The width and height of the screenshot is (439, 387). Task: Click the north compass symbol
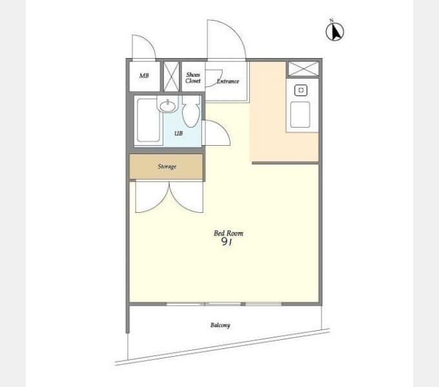pos(334,32)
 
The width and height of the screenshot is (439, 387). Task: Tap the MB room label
pos(144,75)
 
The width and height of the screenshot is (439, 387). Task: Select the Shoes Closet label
pos(193,78)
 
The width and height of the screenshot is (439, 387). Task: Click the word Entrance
pos(228,81)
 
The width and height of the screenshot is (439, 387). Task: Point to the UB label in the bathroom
pos(178,134)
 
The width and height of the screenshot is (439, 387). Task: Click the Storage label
pos(167,166)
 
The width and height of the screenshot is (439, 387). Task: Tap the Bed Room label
pos(229,233)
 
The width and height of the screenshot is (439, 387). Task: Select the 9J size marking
pos(227,242)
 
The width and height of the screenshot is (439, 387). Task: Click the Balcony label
pos(220,325)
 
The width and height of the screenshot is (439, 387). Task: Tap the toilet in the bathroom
pos(191,112)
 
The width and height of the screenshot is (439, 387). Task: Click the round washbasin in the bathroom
pos(168,106)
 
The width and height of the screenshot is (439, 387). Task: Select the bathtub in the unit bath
pos(148,120)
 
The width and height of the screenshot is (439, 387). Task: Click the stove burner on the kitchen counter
pos(301,90)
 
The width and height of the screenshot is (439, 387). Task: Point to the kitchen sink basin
pos(300,115)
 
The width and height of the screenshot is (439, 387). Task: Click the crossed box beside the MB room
pos(171,76)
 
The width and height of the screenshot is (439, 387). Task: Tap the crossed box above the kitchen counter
pos(303,69)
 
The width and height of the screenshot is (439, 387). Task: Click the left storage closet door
pos(152,197)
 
